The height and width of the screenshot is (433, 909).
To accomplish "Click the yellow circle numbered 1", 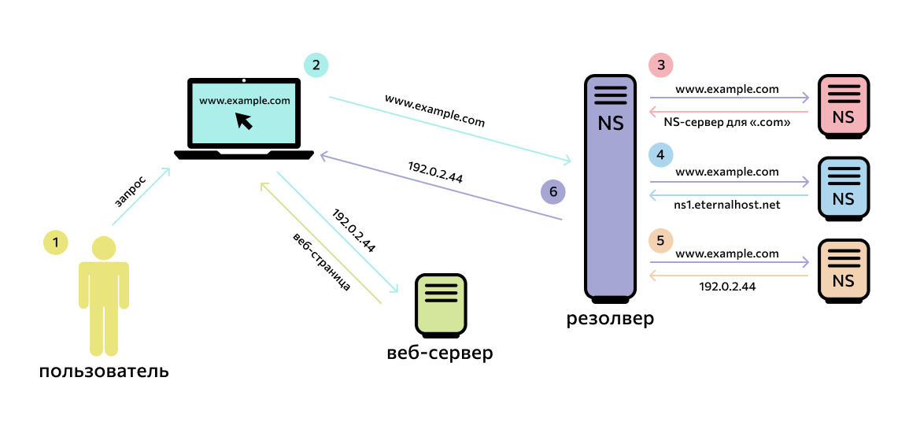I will (55, 242).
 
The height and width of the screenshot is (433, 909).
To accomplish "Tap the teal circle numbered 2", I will (316, 66).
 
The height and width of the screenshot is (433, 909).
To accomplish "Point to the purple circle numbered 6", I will (553, 192).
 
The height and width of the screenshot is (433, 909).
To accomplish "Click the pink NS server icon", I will (843, 104).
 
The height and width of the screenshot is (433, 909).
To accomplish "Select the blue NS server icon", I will (843, 187).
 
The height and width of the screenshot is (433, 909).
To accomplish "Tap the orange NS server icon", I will (843, 270).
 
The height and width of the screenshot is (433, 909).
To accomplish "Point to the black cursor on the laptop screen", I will (245, 120).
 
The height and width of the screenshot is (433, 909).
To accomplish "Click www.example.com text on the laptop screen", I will (245, 101).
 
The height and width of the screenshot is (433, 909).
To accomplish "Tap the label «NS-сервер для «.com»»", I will (727, 122).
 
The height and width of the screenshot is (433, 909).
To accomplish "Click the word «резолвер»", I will (610, 320).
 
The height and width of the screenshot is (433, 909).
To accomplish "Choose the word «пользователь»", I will (104, 371).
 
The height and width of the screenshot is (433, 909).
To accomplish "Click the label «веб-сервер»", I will (440, 353).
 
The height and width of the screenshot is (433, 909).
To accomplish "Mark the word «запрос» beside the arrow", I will (130, 191).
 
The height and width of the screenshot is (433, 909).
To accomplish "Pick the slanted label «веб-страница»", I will (321, 262).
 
